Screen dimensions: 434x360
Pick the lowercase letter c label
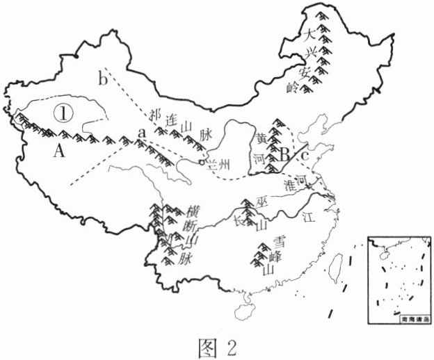click(x=305, y=155)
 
